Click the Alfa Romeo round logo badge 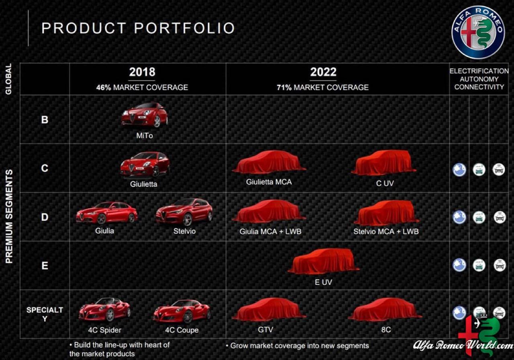point(478,33)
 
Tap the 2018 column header point(142,72)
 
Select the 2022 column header point(323,72)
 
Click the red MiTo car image point(145,115)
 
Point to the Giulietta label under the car point(144,184)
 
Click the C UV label point(385,183)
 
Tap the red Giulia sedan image point(107,213)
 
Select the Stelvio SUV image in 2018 point(184,212)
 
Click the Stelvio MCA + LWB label point(386,231)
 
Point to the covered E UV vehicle point(323,262)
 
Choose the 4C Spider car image point(105,309)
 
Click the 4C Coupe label point(182,330)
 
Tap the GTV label point(265,330)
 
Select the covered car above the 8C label point(385,309)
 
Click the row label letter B point(45,120)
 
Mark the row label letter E point(45,266)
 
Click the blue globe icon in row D point(459,217)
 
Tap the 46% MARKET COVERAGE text point(142,88)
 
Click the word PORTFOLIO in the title point(184,28)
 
